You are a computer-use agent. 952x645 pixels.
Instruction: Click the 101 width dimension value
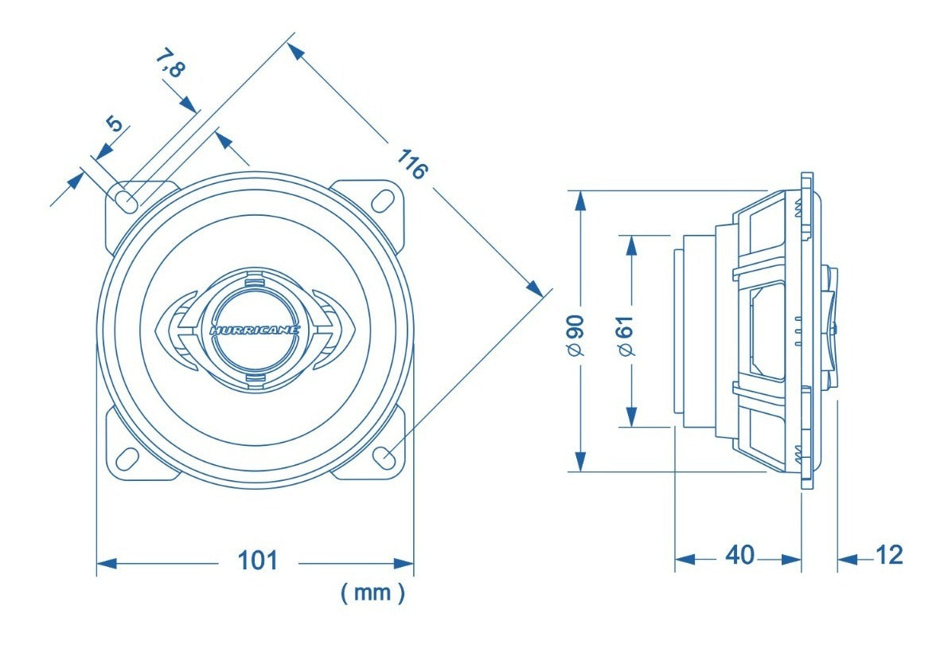pyautogui.click(x=257, y=560)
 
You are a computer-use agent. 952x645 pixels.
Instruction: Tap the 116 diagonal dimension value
pyautogui.click(x=412, y=164)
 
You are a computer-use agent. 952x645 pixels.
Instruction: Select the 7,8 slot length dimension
pyautogui.click(x=170, y=64)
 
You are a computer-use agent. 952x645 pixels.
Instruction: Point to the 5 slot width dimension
pyautogui.click(x=115, y=124)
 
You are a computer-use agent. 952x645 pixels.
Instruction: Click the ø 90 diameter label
pyautogui.click(x=576, y=334)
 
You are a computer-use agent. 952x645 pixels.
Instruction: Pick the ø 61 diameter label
pyautogui.click(x=626, y=334)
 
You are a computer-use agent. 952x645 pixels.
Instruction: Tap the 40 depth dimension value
pyautogui.click(x=739, y=554)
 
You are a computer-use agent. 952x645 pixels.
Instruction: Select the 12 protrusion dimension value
pyautogui.click(x=889, y=555)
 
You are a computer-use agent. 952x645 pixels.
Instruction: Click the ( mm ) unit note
pyautogui.click(x=373, y=592)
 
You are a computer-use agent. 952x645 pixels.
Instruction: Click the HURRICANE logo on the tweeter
pyautogui.click(x=255, y=330)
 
